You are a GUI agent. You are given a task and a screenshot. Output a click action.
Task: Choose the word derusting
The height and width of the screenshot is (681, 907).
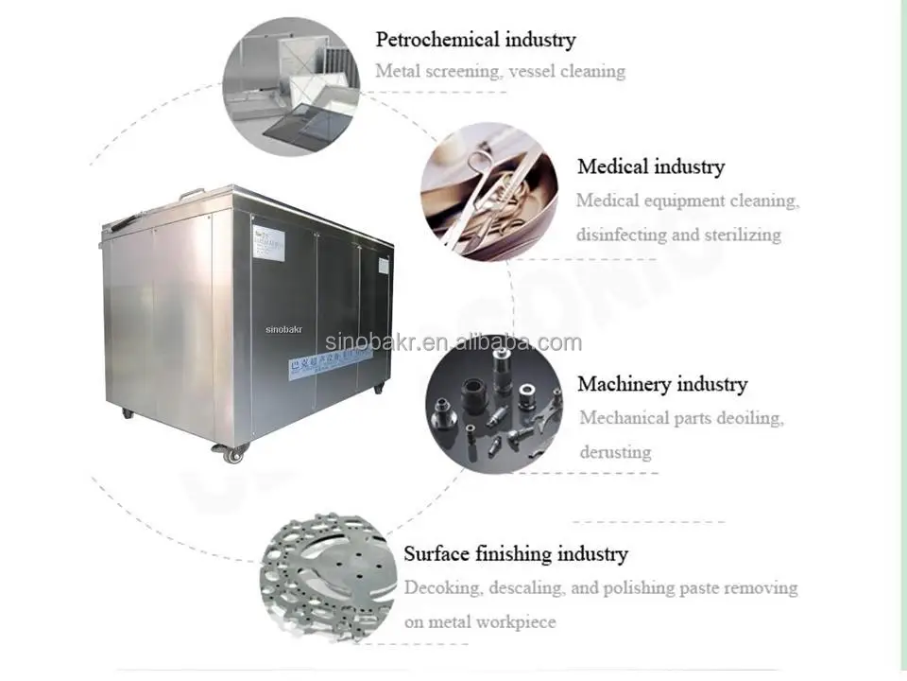(615, 451)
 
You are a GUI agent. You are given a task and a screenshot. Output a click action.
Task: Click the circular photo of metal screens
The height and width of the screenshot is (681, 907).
(291, 86)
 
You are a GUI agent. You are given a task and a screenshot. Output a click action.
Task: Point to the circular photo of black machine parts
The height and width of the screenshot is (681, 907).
(493, 404)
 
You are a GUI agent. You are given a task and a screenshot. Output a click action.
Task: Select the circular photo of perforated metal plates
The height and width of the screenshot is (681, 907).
(327, 578)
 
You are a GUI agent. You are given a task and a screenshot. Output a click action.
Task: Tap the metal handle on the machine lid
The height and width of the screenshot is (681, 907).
(193, 193)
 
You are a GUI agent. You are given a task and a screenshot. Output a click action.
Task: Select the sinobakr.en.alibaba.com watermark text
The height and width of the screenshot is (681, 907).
(453, 342)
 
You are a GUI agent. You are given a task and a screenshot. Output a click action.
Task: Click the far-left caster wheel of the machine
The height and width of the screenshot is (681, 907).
(126, 412)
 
